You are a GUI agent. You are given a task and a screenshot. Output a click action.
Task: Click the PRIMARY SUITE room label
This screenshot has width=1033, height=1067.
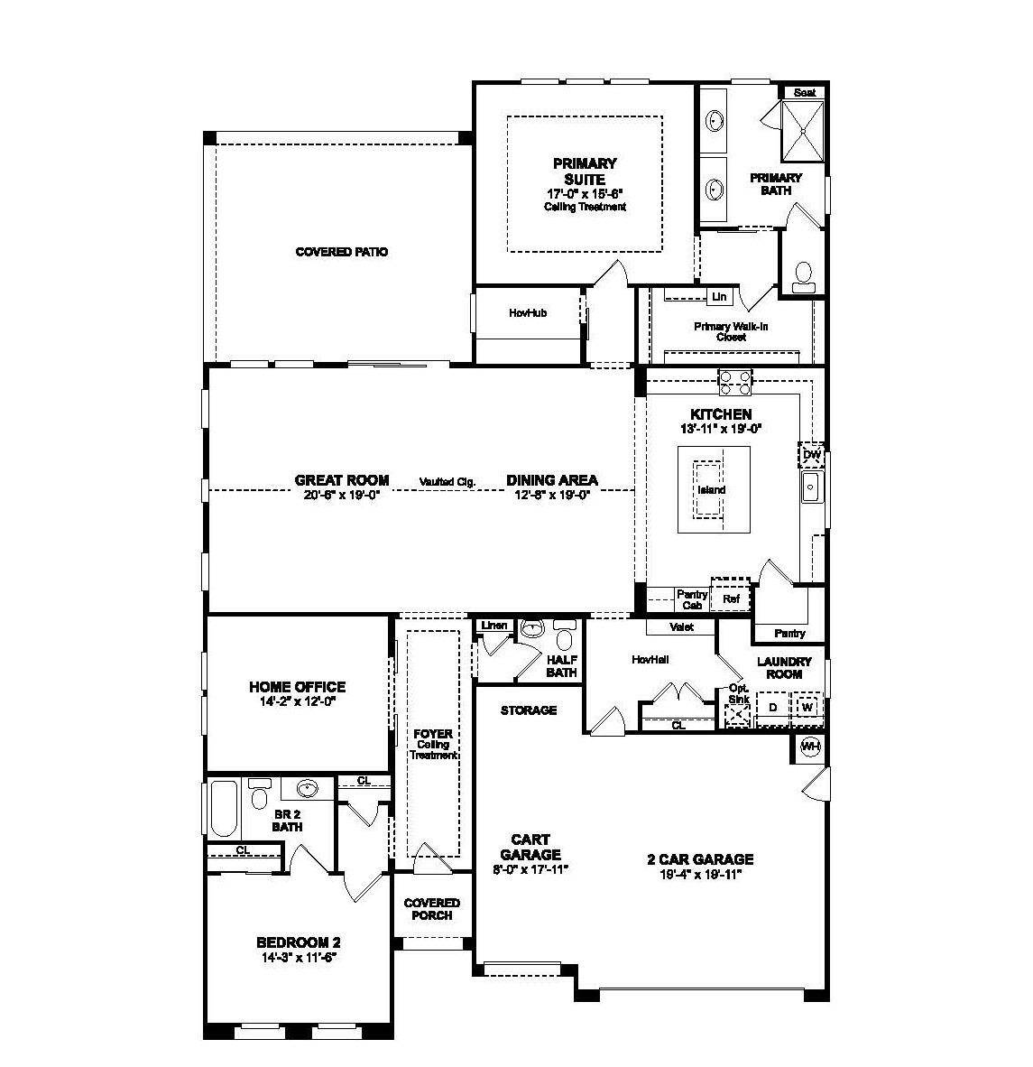click(585, 171)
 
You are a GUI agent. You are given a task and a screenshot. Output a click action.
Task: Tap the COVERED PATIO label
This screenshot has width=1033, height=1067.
click(342, 252)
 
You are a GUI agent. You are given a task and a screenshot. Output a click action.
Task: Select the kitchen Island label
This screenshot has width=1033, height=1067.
click(711, 490)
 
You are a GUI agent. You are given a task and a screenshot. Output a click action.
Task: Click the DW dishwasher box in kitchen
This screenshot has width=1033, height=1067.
click(811, 454)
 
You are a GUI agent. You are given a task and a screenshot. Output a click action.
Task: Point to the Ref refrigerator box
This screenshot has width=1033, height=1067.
click(730, 598)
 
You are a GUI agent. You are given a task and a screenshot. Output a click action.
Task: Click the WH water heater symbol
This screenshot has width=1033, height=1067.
click(810, 746)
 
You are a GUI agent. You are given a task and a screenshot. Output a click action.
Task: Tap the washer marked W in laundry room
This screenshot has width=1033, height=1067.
click(807, 707)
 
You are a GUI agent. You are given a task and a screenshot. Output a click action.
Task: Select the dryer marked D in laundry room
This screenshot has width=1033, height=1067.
click(772, 707)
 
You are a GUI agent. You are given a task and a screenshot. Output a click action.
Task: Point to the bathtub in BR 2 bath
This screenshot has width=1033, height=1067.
click(224, 809)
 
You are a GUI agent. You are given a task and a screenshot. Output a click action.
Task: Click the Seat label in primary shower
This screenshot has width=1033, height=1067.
click(804, 92)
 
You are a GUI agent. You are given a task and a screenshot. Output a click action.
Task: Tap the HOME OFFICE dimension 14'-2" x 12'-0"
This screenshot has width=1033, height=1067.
click(297, 701)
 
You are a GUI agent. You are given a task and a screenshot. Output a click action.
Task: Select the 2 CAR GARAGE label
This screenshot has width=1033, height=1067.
click(699, 859)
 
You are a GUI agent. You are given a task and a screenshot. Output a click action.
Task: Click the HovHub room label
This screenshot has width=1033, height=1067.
click(528, 313)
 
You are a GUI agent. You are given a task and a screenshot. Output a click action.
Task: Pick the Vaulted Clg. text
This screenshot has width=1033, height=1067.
click(447, 482)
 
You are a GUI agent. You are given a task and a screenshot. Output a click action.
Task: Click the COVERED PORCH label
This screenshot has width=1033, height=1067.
click(431, 909)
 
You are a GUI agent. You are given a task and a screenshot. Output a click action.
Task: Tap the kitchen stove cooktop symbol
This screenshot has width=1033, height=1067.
click(733, 382)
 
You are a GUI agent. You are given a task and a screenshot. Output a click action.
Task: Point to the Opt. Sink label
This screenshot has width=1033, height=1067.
click(738, 694)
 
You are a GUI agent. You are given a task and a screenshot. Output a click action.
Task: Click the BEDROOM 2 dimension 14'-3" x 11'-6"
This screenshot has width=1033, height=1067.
click(297, 957)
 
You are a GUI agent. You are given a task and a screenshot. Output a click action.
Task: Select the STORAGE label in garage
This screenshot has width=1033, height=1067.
click(529, 710)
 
